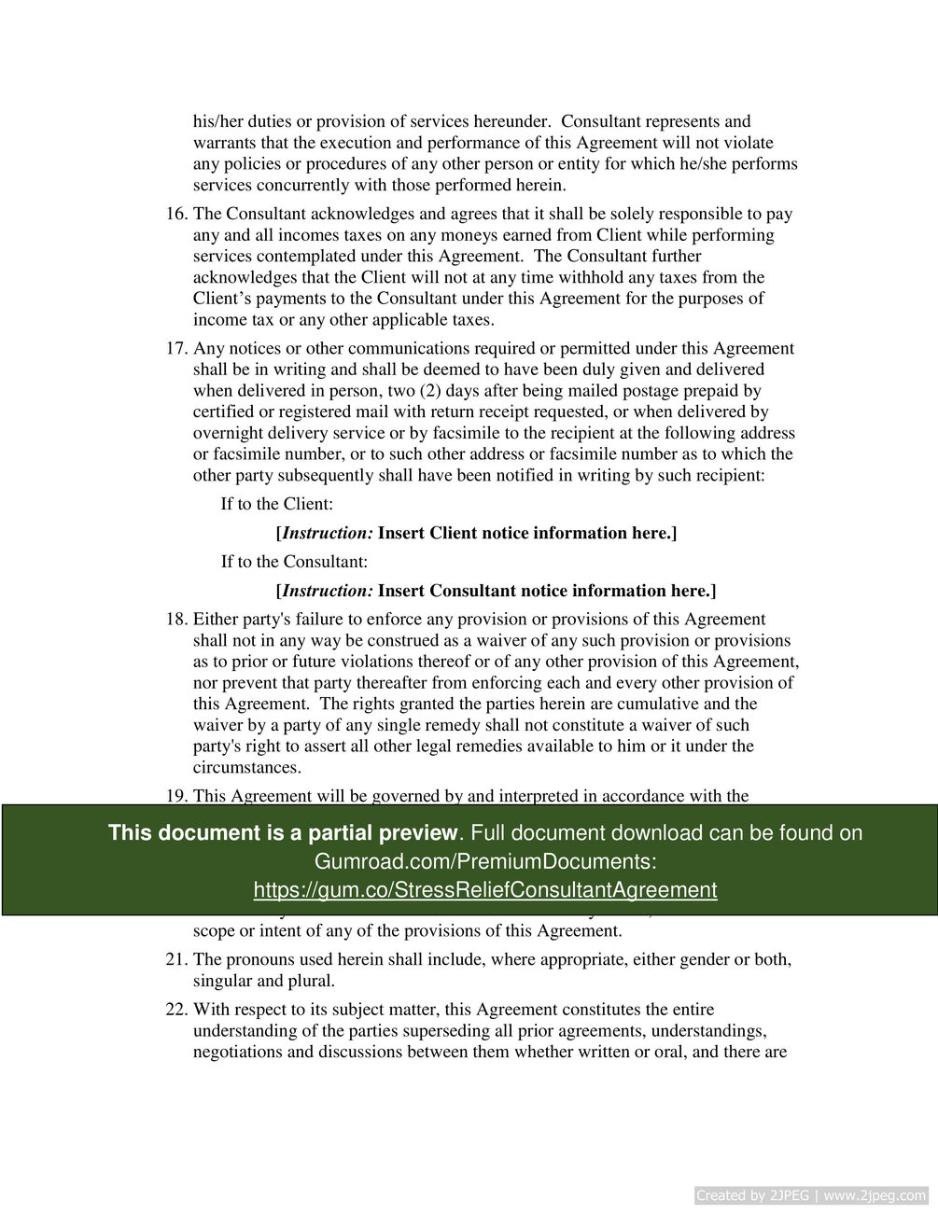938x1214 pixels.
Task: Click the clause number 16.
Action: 176,214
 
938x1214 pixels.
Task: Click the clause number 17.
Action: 176,348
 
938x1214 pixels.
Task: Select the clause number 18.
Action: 176,619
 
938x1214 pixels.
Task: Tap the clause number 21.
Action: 176,959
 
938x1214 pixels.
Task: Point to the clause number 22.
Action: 176,1009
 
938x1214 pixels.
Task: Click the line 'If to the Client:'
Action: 276,504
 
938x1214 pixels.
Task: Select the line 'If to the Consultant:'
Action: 294,562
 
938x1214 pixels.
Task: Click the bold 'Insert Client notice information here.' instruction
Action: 527,533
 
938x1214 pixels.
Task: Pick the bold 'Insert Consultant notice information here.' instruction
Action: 547,591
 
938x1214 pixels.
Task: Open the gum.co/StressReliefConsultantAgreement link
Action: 484,890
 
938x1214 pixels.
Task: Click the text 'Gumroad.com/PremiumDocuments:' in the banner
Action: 484,861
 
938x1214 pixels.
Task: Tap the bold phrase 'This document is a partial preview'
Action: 283,832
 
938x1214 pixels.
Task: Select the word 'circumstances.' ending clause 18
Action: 247,768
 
